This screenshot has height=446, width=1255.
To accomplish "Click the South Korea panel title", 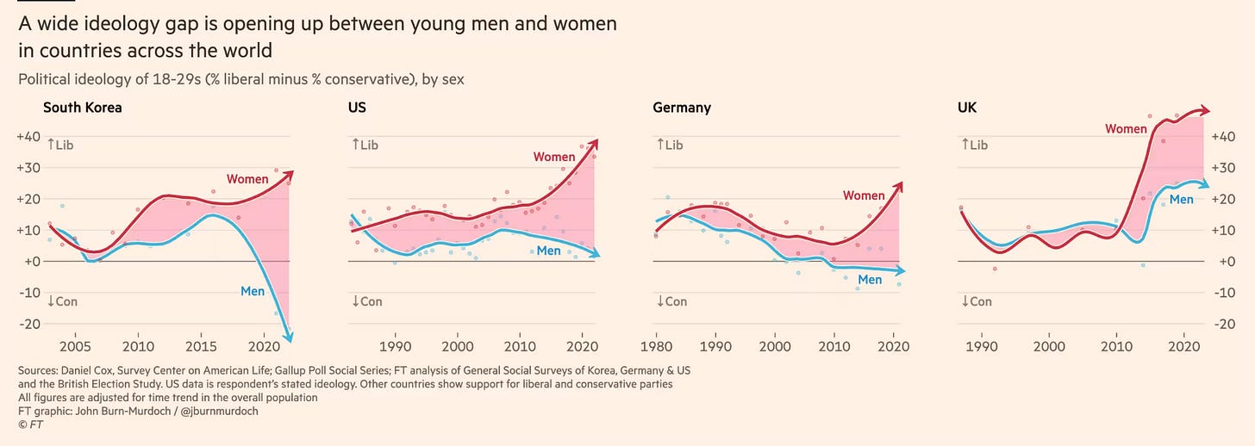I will [x=82, y=108].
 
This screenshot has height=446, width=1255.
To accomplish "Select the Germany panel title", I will [x=682, y=108].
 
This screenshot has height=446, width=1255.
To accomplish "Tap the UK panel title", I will [x=968, y=108].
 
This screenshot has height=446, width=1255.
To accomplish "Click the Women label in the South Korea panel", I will [x=247, y=179].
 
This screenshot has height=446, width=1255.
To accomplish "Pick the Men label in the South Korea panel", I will [x=253, y=291].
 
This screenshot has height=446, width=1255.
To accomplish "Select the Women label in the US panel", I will [x=554, y=157].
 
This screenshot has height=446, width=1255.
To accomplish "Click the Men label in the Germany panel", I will [x=870, y=280].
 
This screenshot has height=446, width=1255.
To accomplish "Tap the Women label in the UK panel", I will [x=1126, y=129].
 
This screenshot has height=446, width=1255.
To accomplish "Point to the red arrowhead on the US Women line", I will [x=594, y=143].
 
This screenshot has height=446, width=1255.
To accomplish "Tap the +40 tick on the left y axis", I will [x=29, y=136].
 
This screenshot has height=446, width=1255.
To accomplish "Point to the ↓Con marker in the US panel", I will [x=366, y=301].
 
